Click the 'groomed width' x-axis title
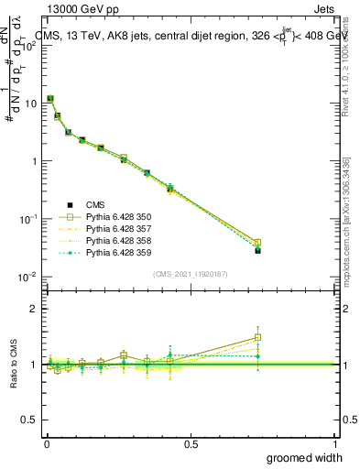click(x=306, y=457)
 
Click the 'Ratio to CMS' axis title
click(x=15, y=365)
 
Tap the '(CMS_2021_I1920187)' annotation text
click(x=191, y=273)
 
